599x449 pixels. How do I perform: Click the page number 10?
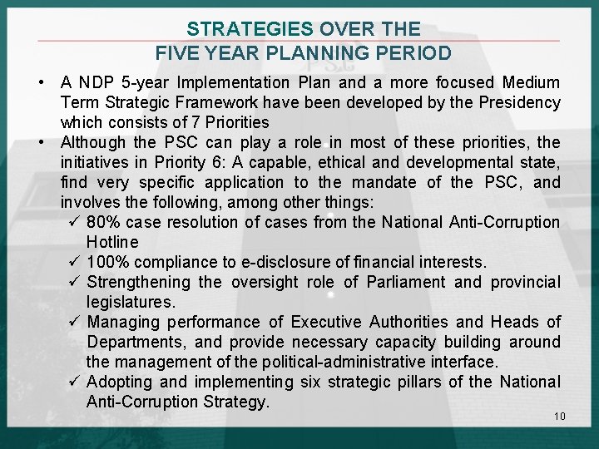(x=558, y=416)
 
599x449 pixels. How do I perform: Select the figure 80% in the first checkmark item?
(x=103, y=222)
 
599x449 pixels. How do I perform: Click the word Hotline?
(x=112, y=242)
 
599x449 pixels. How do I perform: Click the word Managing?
(x=120, y=322)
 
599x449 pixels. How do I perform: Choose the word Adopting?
(x=117, y=382)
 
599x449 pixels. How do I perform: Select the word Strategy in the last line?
(x=237, y=402)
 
